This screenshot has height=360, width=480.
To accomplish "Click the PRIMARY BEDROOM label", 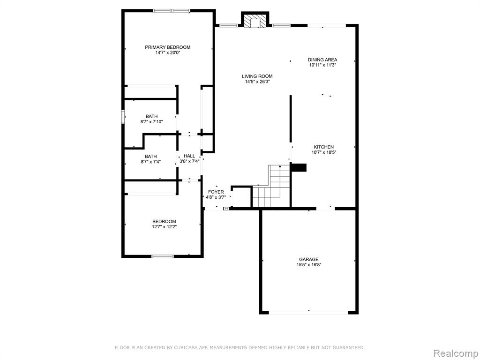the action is [x=167, y=47].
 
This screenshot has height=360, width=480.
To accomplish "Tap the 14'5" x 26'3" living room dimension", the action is [x=257, y=82].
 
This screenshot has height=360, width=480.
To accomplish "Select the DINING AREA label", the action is [x=322, y=60].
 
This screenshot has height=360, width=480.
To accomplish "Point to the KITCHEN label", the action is [x=323, y=147].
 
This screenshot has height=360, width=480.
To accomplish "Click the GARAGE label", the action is [x=308, y=260].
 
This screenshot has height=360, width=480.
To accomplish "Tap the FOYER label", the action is [x=216, y=192].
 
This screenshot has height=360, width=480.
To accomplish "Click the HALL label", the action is [x=189, y=156].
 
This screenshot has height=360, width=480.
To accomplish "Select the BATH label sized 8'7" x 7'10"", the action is [x=151, y=116].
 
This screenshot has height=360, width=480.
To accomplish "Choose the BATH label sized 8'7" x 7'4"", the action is [x=150, y=157].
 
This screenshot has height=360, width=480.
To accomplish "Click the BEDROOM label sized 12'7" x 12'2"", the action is [x=164, y=222].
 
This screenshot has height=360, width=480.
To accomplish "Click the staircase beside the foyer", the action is [x=271, y=186].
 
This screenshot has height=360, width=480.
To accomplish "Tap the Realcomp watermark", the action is [x=455, y=353].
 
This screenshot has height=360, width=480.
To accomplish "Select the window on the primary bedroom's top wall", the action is [x=172, y=11].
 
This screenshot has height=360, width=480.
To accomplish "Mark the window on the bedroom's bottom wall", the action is [x=163, y=256].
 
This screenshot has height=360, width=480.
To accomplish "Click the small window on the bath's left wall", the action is [x=123, y=116].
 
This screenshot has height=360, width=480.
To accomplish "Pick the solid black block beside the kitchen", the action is [x=299, y=167].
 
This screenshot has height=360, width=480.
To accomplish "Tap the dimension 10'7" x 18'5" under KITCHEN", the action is [x=324, y=152].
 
